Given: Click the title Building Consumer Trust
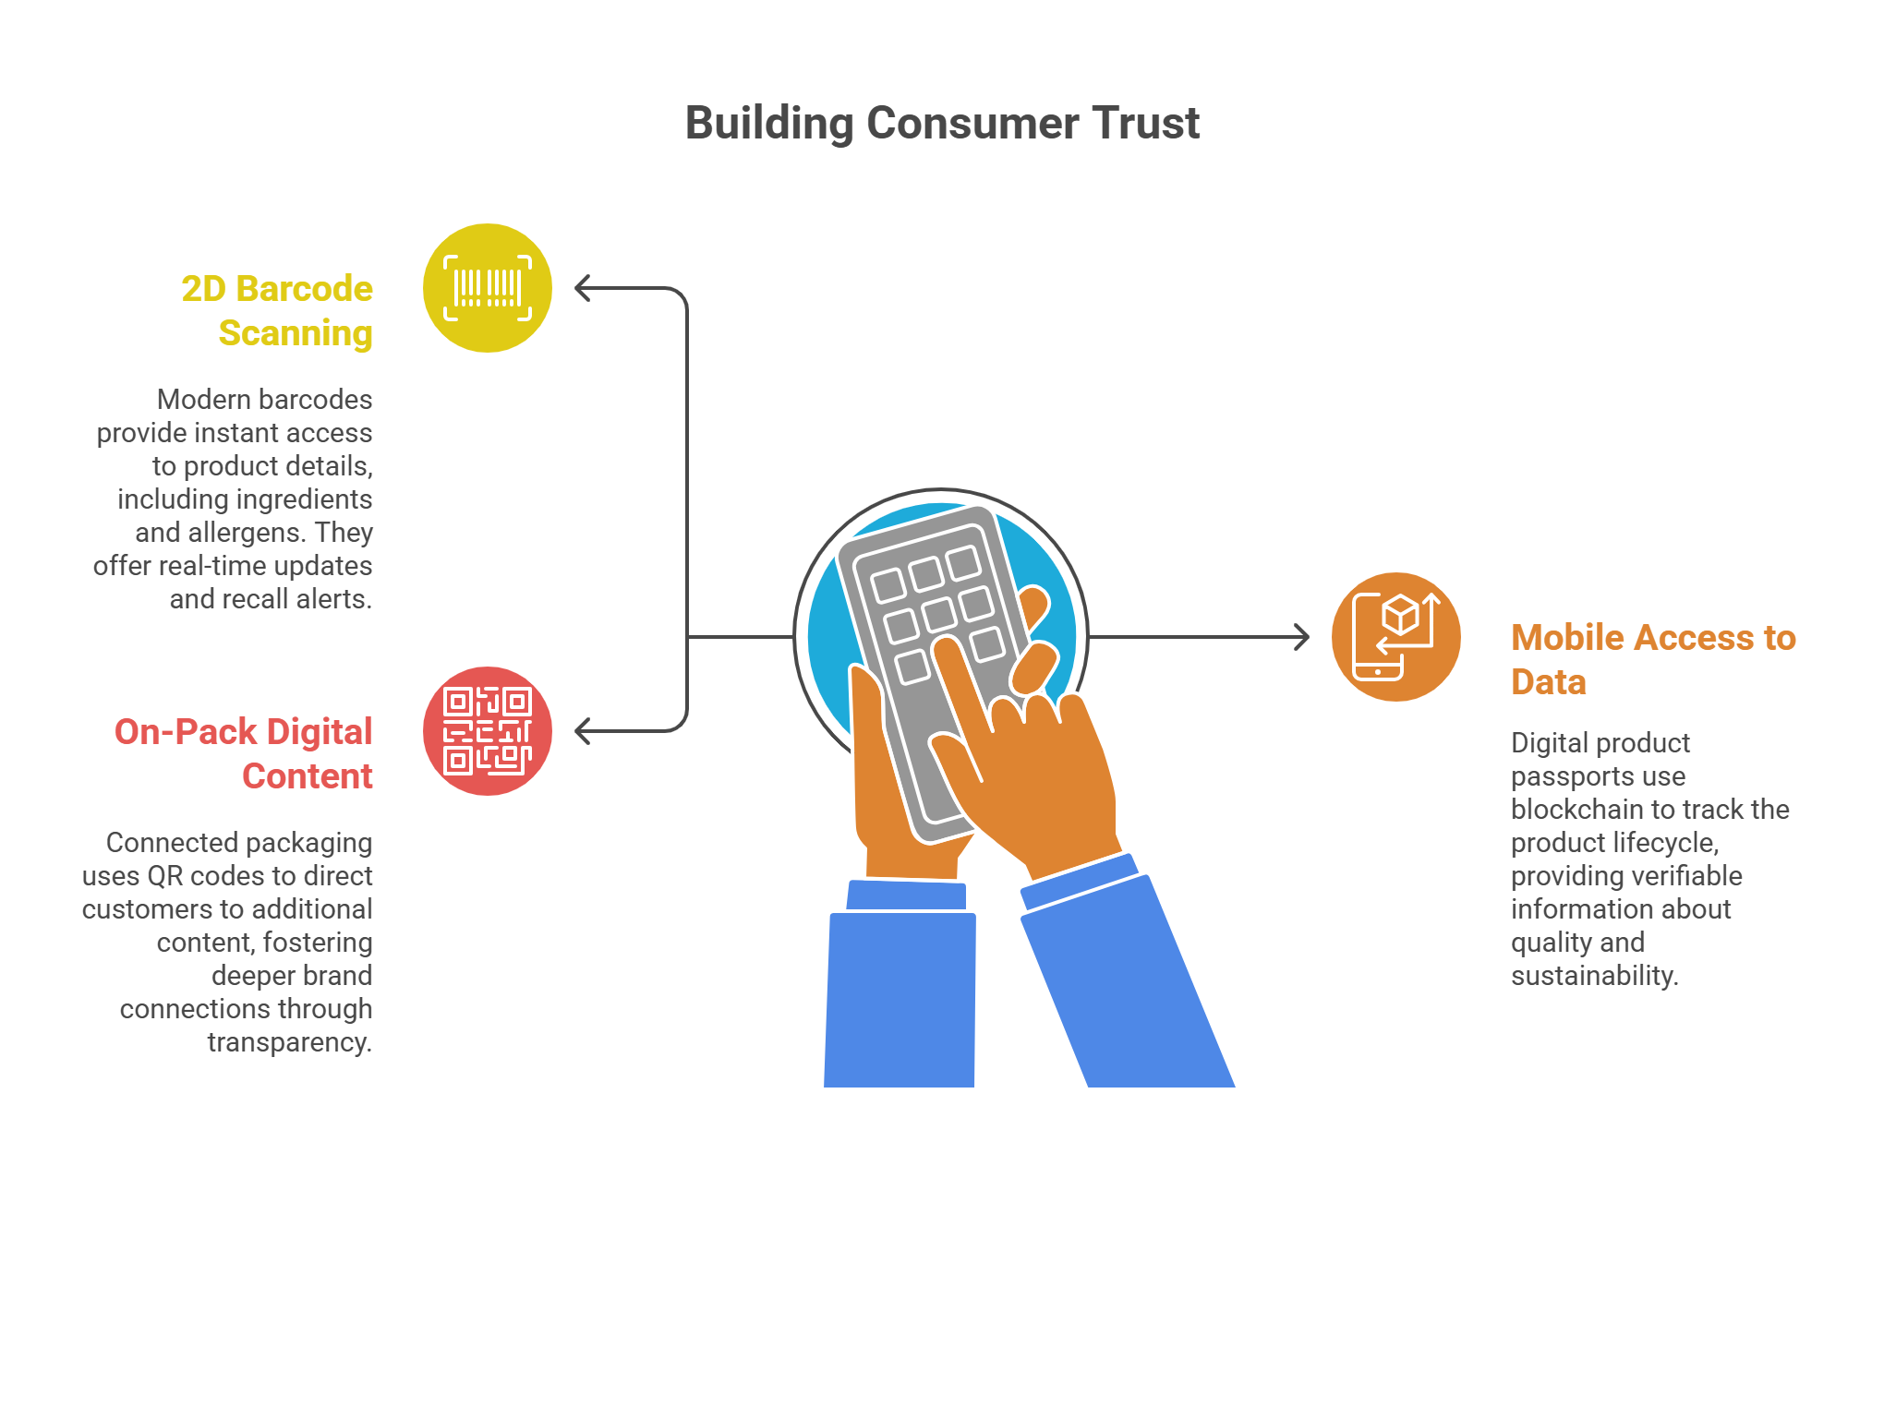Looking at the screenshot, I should (942, 123).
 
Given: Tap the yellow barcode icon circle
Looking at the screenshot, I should (488, 288).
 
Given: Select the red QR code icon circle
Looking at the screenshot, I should (488, 731).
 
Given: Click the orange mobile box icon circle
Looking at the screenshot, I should (1396, 637).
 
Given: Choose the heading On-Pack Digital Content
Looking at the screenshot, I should (244, 753).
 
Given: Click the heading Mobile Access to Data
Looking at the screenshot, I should (1653, 659).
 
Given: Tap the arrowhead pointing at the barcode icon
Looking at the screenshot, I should (582, 288).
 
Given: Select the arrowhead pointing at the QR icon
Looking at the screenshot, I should (582, 731).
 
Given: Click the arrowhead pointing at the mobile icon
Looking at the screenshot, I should (1302, 637).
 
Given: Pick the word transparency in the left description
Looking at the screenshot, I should (289, 1042).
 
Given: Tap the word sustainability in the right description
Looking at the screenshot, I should (1594, 976).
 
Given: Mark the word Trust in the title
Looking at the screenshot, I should (1145, 123).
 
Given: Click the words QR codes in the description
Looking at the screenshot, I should (199, 876).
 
